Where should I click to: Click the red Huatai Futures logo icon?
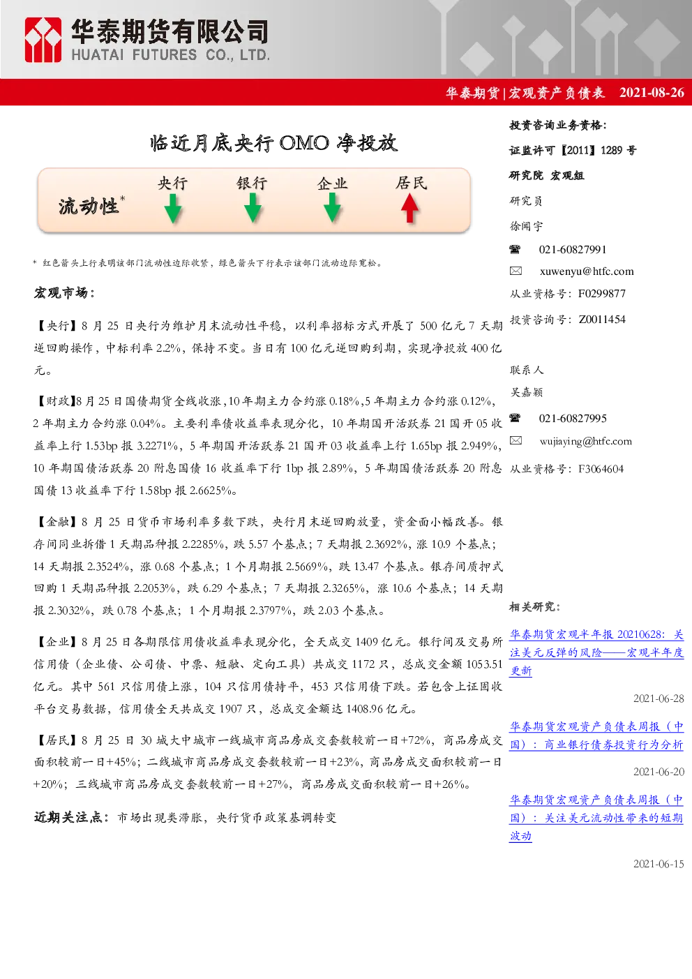(43, 40)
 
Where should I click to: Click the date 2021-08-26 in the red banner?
(652, 92)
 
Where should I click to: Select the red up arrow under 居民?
(409, 209)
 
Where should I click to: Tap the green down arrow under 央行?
(173, 209)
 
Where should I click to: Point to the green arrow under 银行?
(253, 209)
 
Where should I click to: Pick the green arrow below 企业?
(332, 209)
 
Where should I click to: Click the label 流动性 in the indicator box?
(89, 206)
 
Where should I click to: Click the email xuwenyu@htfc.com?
(587, 271)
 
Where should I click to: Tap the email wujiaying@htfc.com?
(586, 441)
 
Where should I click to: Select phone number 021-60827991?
(573, 250)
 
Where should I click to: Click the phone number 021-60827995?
(573, 418)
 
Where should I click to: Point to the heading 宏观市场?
(64, 293)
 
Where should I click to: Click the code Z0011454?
(602, 320)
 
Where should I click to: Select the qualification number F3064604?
(601, 469)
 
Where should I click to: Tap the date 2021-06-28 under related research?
(659, 698)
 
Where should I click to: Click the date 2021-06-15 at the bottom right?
(659, 864)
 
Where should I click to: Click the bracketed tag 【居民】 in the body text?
(56, 740)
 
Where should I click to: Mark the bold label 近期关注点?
(72, 817)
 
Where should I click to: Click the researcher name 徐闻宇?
(527, 226)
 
